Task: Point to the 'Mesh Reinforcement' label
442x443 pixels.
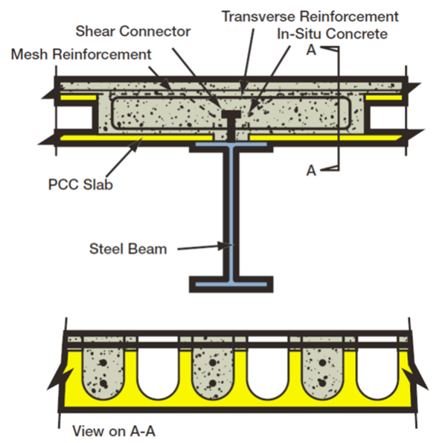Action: click(x=80, y=54)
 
